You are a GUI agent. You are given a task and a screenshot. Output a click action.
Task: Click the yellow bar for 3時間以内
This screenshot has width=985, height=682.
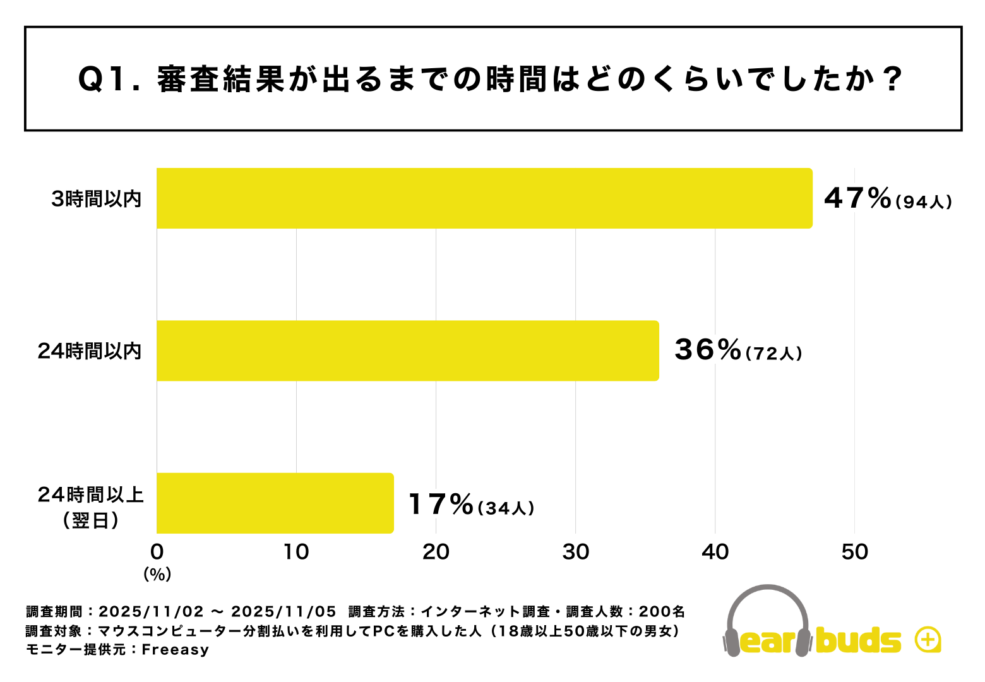484,198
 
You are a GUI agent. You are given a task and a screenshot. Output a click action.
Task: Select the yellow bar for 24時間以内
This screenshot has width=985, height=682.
407,350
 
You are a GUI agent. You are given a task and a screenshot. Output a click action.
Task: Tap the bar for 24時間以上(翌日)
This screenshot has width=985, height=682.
275,503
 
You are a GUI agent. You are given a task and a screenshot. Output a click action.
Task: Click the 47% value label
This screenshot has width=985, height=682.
857,198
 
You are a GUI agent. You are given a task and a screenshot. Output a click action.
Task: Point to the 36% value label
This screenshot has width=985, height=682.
707,350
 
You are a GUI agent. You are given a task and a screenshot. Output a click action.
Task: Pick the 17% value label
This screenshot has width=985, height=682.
440,505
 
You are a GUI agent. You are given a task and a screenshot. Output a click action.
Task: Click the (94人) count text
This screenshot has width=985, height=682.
923,202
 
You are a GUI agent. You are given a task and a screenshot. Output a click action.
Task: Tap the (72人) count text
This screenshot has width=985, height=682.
773,354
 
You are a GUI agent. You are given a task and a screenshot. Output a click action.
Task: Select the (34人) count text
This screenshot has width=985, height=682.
506,508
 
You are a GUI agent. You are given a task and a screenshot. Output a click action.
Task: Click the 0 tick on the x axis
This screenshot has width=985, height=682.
157,552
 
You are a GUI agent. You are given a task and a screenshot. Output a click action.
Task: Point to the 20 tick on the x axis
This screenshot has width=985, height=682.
436,552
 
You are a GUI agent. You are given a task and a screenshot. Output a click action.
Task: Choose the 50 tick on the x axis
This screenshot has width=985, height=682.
854,552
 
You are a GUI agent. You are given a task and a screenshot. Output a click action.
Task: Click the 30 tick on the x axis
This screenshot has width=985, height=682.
575,552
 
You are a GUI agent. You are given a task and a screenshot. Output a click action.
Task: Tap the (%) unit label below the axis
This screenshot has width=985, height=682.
157,574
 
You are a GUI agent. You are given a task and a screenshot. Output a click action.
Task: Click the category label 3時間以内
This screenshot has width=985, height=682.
97,200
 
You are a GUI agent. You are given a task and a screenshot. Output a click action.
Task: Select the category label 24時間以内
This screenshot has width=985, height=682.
90,351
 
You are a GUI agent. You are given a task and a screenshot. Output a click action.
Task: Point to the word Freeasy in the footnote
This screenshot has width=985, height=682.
175,650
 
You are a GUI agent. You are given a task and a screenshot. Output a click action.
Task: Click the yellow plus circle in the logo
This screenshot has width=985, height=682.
928,640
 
